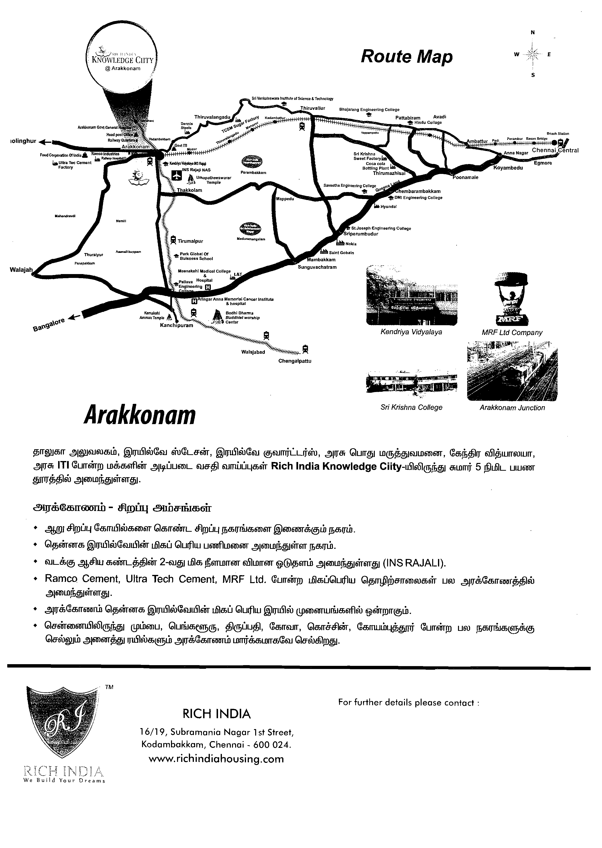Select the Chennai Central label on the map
click(x=555, y=150)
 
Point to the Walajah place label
click(x=21, y=270)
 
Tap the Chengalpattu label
click(x=295, y=361)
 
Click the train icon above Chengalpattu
click(x=305, y=349)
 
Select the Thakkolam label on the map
click(x=189, y=190)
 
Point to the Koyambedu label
click(x=508, y=168)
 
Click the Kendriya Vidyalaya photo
click(x=411, y=295)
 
